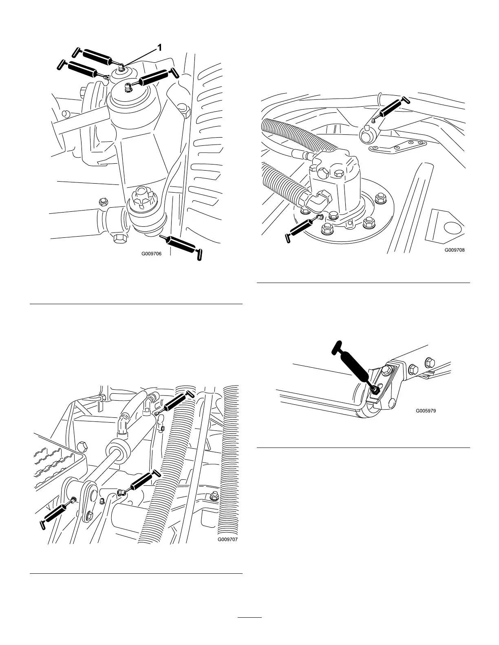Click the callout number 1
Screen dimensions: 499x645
[159, 48]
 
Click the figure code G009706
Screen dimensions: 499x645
[152, 254]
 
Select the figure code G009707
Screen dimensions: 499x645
[227, 539]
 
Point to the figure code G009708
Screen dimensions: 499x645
[455, 250]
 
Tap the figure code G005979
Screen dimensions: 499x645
[426, 411]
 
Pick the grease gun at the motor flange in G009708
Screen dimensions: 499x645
[302, 229]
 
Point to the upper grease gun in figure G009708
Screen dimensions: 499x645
[392, 108]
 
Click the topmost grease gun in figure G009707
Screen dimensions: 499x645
[175, 403]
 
